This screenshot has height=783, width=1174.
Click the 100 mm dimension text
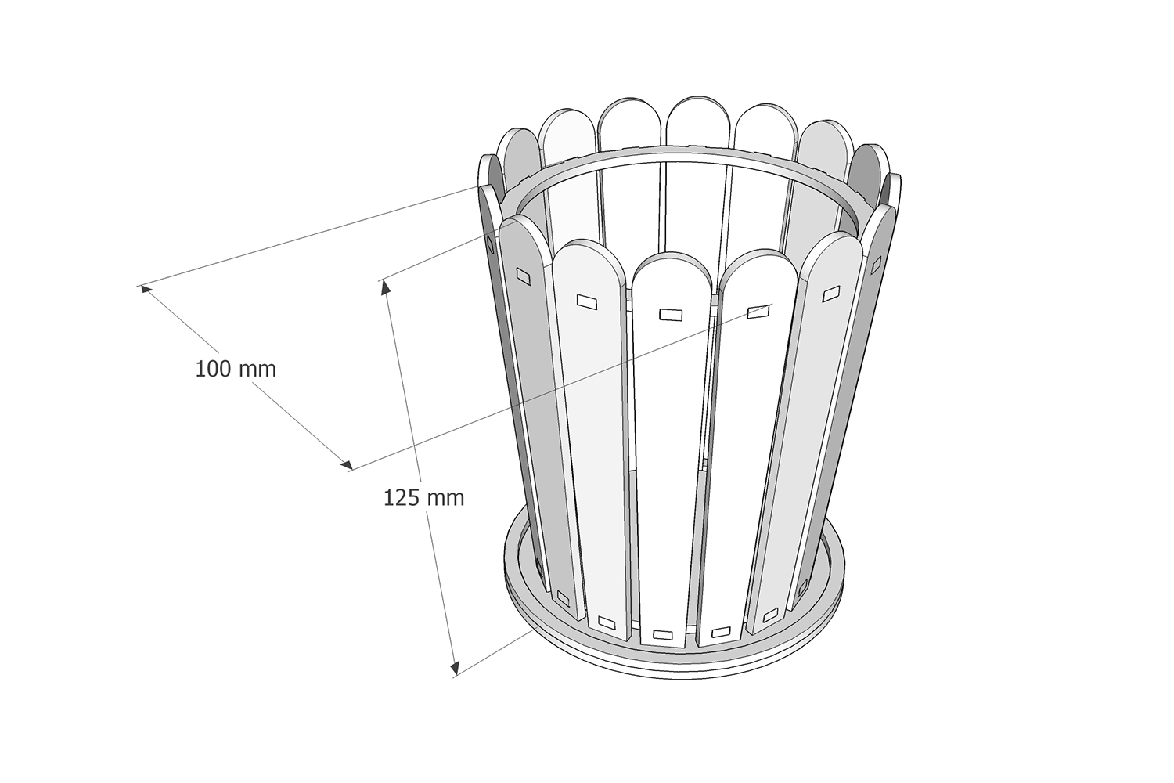point(236,369)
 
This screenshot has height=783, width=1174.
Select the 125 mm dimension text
point(423,497)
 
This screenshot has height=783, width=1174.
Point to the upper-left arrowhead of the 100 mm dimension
point(145,288)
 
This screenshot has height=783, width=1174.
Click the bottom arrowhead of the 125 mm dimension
point(453,667)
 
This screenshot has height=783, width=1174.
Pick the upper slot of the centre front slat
point(671,314)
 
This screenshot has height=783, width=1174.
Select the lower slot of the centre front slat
point(663,632)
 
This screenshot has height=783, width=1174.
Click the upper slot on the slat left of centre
point(586,301)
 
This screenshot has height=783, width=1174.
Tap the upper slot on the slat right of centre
point(757,312)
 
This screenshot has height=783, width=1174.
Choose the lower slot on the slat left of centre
point(606,623)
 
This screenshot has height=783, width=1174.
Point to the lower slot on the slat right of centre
point(720,630)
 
